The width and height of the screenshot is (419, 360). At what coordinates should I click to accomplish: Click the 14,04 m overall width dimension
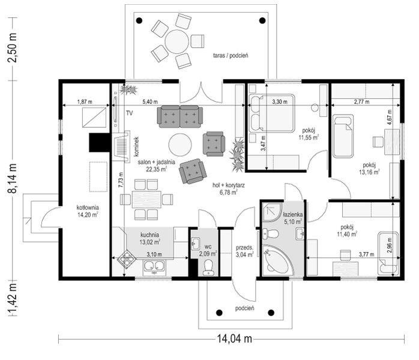234,338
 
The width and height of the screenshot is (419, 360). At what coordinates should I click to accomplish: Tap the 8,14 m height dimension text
12,178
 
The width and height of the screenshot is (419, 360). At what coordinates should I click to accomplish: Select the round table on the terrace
176,41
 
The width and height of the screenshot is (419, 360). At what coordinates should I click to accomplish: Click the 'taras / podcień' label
231,56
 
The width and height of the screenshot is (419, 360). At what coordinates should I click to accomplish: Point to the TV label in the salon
129,113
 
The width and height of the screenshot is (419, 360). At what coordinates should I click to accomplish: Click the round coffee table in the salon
180,145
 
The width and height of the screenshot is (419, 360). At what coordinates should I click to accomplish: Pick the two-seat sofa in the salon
179,117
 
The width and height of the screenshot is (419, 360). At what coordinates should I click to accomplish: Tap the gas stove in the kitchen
127,258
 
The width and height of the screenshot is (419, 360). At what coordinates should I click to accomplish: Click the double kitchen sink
154,266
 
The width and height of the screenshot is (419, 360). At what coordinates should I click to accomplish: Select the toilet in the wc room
208,268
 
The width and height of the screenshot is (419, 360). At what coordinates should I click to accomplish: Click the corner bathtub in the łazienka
277,260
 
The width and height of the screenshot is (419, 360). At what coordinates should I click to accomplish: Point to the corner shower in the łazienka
272,212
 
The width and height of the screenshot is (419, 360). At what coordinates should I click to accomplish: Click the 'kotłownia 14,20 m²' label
88,211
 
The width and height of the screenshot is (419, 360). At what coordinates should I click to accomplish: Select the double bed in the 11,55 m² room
271,113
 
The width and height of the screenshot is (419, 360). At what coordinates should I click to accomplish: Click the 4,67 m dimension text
390,117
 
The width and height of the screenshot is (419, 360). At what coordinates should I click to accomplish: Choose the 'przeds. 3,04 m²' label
244,251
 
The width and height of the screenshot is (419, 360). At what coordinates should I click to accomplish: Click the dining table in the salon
146,199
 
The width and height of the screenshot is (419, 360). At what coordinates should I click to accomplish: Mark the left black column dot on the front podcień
219,313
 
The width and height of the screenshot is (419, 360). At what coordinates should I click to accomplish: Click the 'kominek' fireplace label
136,146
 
